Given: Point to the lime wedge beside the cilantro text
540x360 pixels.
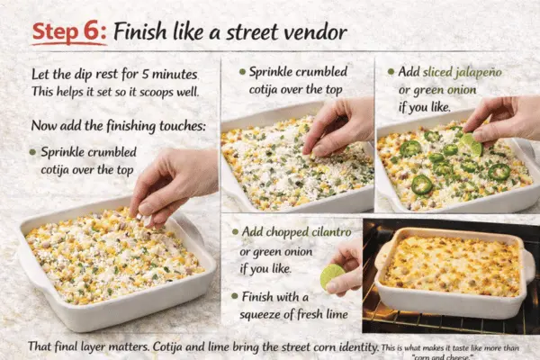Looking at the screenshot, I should [x=331, y=275].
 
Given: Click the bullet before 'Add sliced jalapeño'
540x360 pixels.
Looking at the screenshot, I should [x=391, y=72].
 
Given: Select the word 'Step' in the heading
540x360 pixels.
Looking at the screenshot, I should [x=60, y=31].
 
